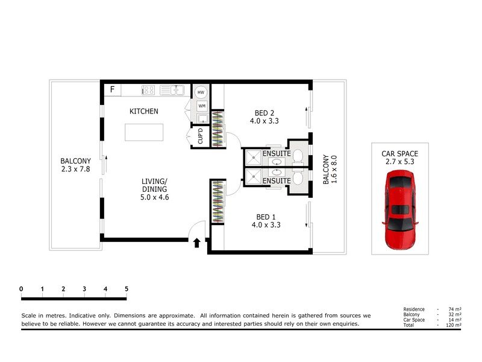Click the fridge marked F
click(x=111, y=91)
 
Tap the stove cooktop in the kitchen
click(x=148, y=91)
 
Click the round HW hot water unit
click(x=201, y=92)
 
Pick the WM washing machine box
click(x=201, y=106)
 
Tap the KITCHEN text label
click(x=144, y=112)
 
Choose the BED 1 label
click(x=264, y=221)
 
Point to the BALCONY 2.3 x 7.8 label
click(x=75, y=165)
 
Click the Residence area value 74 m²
click(x=455, y=310)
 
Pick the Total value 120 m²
click(x=454, y=325)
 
